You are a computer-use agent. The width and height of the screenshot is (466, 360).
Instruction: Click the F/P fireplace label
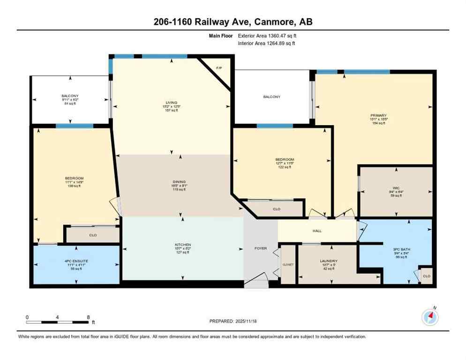(x=218, y=68)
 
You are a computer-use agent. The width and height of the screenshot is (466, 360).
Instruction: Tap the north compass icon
(x=430, y=317)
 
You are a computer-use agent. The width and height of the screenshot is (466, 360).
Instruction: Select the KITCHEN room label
(x=183, y=245)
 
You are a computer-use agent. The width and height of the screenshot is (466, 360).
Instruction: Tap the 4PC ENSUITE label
(x=75, y=261)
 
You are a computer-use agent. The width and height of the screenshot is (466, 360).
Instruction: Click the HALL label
(x=317, y=231)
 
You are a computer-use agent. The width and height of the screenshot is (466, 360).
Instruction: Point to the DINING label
(x=179, y=181)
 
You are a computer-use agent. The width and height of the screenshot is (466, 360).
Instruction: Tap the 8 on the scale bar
(x=88, y=317)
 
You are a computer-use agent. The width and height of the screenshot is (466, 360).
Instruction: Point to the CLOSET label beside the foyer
(x=287, y=264)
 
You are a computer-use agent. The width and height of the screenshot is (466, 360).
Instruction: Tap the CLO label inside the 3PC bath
(x=426, y=276)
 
